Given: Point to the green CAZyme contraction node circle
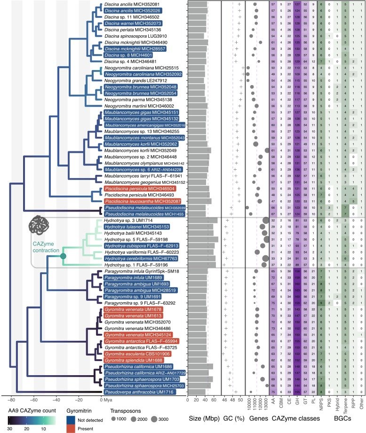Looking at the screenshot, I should click(x=63, y=256).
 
